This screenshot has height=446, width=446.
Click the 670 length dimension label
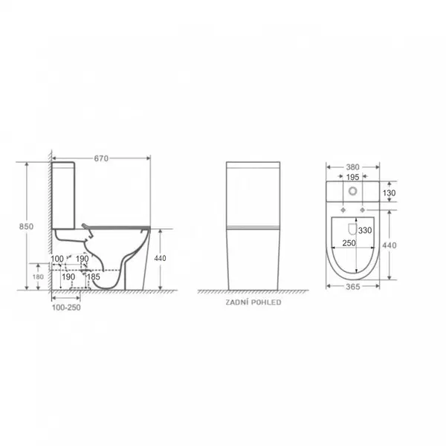click(x=101, y=158)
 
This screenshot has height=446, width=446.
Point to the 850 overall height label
click(x=26, y=227)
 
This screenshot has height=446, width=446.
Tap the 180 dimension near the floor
click(x=38, y=277)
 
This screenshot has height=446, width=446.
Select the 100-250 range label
click(x=66, y=308)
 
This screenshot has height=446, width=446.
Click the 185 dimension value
click(x=94, y=277)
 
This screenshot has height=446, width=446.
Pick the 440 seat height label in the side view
click(x=160, y=258)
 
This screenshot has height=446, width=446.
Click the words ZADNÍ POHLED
click(x=253, y=302)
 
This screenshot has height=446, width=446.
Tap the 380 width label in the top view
click(x=352, y=167)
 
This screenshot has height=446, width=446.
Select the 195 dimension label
click(x=352, y=177)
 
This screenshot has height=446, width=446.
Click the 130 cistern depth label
click(x=389, y=193)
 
